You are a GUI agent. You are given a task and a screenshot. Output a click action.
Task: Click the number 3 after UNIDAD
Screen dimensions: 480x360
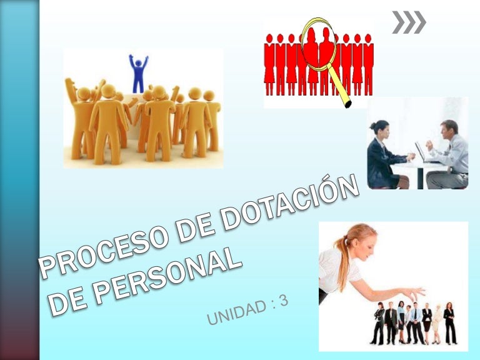(x=284, y=301)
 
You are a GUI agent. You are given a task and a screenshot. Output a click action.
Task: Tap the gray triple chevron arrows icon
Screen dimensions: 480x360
(x=409, y=22)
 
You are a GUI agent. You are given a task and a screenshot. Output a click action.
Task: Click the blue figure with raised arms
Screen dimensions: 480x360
(x=138, y=74)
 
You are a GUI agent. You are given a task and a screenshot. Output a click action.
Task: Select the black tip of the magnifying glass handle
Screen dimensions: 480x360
(x=347, y=105)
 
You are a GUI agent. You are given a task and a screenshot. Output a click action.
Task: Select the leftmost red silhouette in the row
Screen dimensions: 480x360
(x=269, y=64)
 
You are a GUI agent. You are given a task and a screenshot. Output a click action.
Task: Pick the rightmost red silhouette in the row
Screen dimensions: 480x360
(x=368, y=64)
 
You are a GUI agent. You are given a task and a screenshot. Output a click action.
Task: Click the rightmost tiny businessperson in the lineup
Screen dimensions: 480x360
(x=449, y=323)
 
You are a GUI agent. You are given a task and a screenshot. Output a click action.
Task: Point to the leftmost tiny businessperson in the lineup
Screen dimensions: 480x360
(x=378, y=323)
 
